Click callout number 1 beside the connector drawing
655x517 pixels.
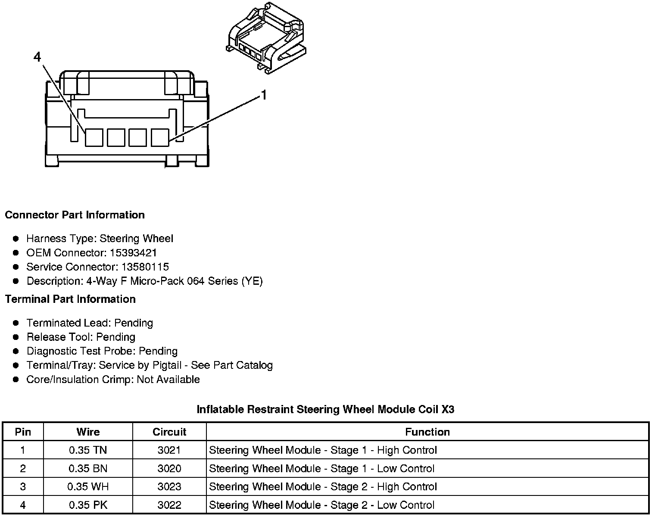pos(264,95)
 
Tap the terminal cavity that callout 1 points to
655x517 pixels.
pos(159,137)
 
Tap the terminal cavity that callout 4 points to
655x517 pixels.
pos(94,137)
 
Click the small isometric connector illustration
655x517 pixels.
pos(265,39)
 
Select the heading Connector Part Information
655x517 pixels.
pos(75,215)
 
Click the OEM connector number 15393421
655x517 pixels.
pos(133,252)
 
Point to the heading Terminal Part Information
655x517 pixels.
pos(70,299)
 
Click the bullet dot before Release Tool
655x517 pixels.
pos(16,337)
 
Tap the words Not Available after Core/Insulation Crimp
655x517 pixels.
pos(168,380)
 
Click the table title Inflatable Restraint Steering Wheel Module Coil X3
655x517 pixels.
pos(325,409)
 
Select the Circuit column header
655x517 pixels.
pos(169,432)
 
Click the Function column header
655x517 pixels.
pos(427,432)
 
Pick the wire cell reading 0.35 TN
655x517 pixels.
pos(88,450)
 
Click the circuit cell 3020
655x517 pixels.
pos(169,468)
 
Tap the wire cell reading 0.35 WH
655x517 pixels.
pos(88,487)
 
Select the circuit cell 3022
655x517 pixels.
pos(169,505)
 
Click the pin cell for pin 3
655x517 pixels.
pos(23,487)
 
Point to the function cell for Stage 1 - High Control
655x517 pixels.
pos(323,450)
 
